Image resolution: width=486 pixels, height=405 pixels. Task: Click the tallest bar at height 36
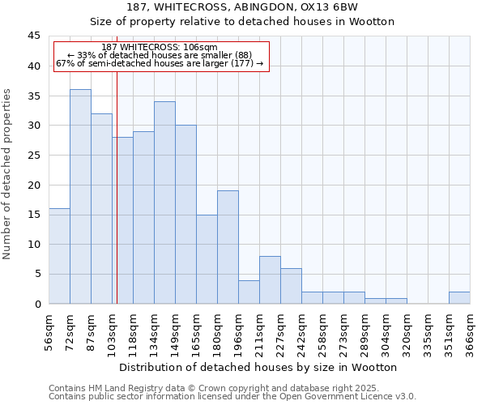point(80,196)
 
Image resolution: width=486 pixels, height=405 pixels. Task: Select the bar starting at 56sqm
point(59,256)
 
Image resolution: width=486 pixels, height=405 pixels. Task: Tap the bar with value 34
point(164,202)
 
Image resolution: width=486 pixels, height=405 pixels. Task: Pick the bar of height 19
point(228,247)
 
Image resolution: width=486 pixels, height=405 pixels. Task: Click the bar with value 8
point(270,279)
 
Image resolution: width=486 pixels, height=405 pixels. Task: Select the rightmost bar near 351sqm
point(459,297)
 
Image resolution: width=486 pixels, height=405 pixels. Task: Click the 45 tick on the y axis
point(34,36)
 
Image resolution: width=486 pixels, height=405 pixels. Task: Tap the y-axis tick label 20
point(34,185)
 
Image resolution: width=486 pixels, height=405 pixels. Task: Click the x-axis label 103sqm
point(113,332)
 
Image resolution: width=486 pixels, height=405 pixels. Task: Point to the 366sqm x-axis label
point(471,332)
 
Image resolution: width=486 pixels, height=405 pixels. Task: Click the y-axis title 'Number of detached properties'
point(8,173)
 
